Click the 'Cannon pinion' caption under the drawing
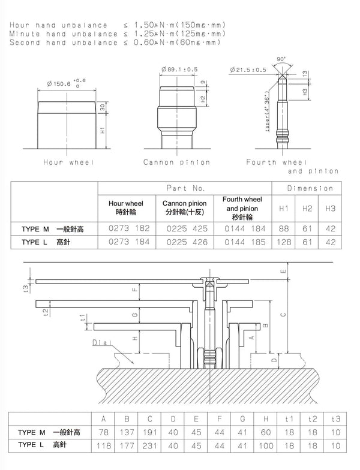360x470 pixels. (176, 162)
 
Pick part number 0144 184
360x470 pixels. (244, 228)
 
